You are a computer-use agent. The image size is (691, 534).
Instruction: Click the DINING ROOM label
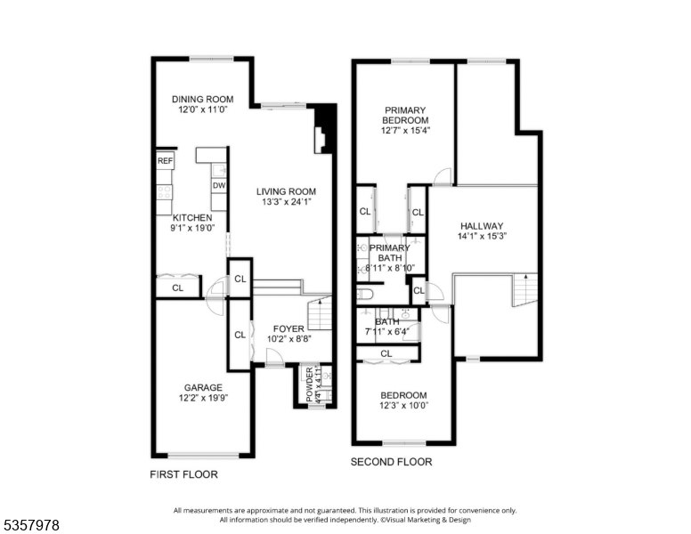pos(202,99)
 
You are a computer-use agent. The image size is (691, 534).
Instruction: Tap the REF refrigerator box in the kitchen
pos(165,161)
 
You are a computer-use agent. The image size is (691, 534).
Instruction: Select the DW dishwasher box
pos(218,185)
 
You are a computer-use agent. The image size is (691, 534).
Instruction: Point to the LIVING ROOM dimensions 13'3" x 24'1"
pos(286,202)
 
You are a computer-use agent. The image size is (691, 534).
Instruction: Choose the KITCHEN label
pos(191,217)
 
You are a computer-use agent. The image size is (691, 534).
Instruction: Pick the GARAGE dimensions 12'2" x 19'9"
pos(202,399)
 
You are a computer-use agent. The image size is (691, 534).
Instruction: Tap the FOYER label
pos(289,328)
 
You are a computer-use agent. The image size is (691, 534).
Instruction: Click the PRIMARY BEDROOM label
pos(405,115)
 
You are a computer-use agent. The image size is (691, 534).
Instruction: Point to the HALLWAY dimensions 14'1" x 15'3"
pos(482,237)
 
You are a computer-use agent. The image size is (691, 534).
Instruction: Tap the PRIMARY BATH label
pos(390,253)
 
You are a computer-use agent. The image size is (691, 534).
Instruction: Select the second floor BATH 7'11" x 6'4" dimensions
pos(387,333)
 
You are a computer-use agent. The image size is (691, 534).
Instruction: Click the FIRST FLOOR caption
pos(183,475)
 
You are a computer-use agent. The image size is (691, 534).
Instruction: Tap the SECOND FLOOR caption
pos(391,462)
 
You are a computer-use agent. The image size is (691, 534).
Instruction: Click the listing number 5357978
pos(31,526)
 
